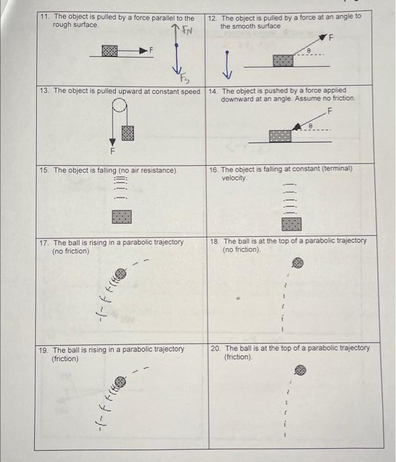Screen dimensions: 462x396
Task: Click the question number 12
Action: (x=212, y=17)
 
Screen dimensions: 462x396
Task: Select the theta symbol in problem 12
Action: (x=308, y=49)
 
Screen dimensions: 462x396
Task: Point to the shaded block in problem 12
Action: (x=283, y=61)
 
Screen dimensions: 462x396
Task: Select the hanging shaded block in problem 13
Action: (x=128, y=132)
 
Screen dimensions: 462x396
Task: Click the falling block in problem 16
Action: (x=292, y=224)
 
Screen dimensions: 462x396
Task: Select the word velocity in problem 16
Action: (x=233, y=178)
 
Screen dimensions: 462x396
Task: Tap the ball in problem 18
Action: (x=298, y=263)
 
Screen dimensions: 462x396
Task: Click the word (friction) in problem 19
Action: (x=66, y=358)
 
